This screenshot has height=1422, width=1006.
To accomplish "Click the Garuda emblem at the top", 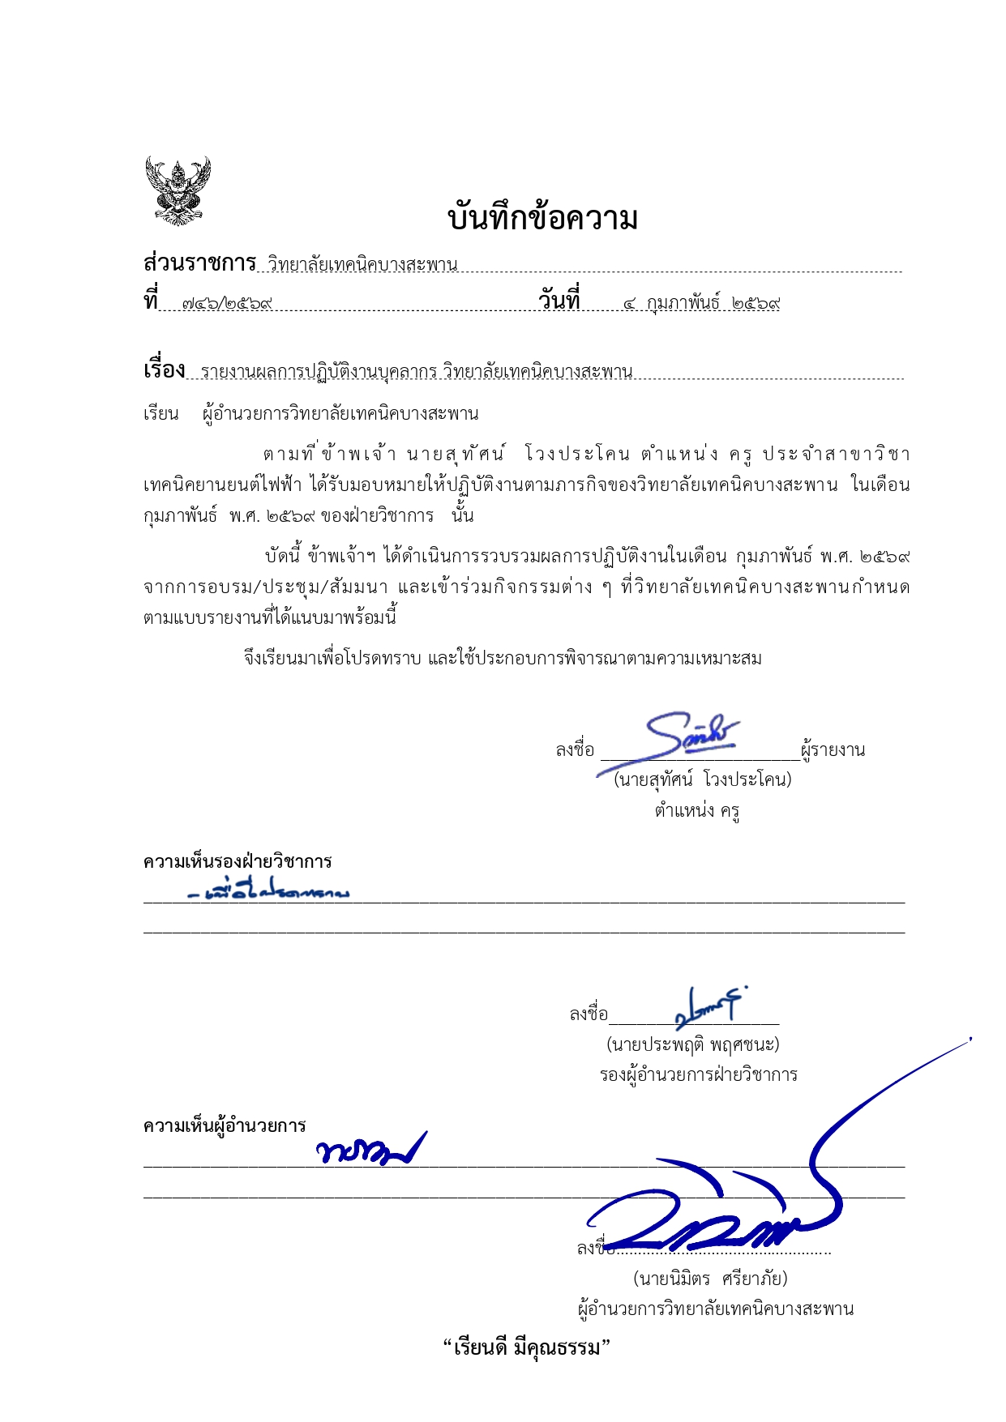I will click(x=178, y=190).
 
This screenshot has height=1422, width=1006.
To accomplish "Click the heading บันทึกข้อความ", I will click(x=542, y=219).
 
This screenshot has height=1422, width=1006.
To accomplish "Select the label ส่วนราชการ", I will click(x=199, y=263).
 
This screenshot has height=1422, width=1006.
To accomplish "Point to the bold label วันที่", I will click(x=559, y=301).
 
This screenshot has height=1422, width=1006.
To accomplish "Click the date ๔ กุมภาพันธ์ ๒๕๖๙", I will click(x=701, y=304).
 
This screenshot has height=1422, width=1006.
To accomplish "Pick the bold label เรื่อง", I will click(x=164, y=370).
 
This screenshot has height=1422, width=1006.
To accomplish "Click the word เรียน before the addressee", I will click(x=161, y=414).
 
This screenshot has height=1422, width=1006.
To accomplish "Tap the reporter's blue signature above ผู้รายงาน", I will click(x=689, y=733).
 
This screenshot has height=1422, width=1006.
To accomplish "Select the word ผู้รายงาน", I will click(x=833, y=750).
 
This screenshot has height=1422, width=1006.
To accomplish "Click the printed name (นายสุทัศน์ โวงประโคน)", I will click(x=702, y=779).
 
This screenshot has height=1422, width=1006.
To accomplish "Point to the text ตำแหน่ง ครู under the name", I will click(x=697, y=810).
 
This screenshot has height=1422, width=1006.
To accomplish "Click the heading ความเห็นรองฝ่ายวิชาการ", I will click(x=238, y=861).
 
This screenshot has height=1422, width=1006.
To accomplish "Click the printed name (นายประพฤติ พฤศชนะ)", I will click(x=693, y=1044).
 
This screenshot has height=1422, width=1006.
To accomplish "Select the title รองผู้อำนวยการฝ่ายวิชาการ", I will click(x=698, y=1075).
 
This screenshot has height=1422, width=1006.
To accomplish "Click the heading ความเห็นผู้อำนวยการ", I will click(x=225, y=1125).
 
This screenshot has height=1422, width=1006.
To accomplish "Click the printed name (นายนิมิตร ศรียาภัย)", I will click(x=710, y=1279).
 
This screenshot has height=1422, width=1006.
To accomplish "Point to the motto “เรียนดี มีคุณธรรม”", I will click(x=526, y=1348).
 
